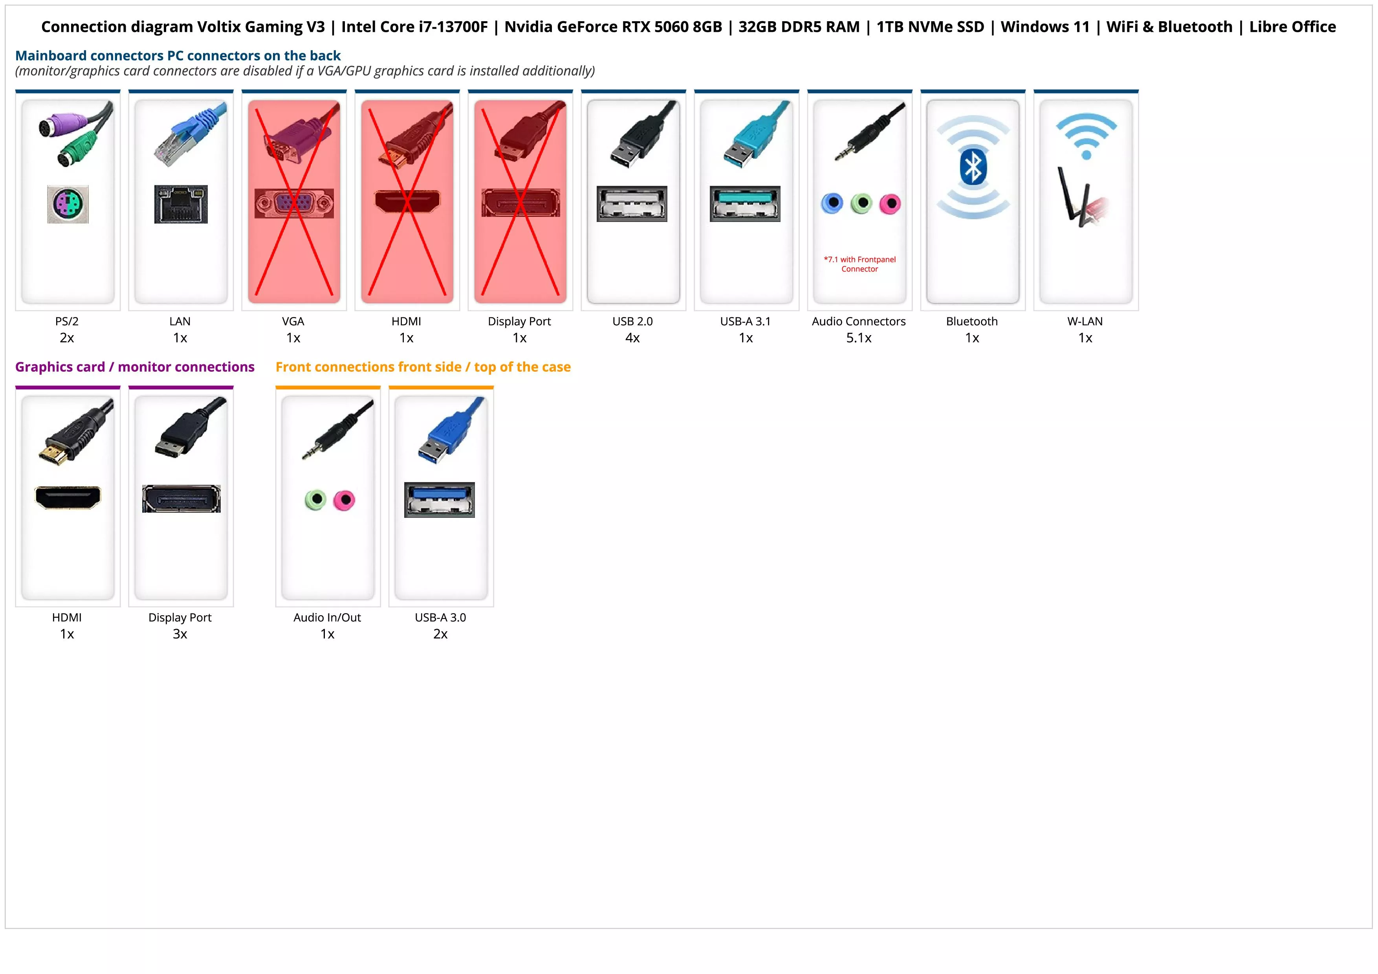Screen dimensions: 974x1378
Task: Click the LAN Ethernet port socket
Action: (181, 204)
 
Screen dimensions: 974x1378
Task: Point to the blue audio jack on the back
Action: (832, 204)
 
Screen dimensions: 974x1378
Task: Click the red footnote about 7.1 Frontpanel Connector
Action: (859, 264)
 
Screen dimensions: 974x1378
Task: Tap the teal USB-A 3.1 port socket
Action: (745, 204)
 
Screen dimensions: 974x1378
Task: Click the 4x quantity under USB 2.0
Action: (632, 338)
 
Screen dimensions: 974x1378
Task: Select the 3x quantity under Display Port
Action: (180, 634)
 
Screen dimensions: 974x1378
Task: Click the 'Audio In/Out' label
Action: (327, 618)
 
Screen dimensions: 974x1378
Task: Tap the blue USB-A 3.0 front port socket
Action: (439, 500)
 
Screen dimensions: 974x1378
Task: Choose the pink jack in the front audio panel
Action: (344, 500)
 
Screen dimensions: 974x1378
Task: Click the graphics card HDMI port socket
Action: (68, 497)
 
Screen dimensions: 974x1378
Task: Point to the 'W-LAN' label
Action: (1085, 321)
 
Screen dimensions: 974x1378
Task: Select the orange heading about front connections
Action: (423, 367)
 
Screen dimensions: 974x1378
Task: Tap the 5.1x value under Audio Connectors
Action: (859, 338)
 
